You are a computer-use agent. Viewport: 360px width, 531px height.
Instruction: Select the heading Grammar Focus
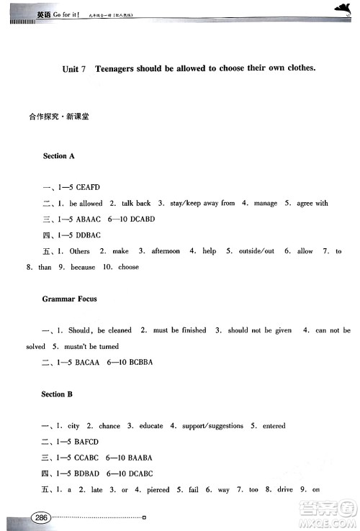click(x=69, y=298)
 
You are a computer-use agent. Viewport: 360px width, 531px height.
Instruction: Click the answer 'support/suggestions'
click(x=215, y=426)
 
